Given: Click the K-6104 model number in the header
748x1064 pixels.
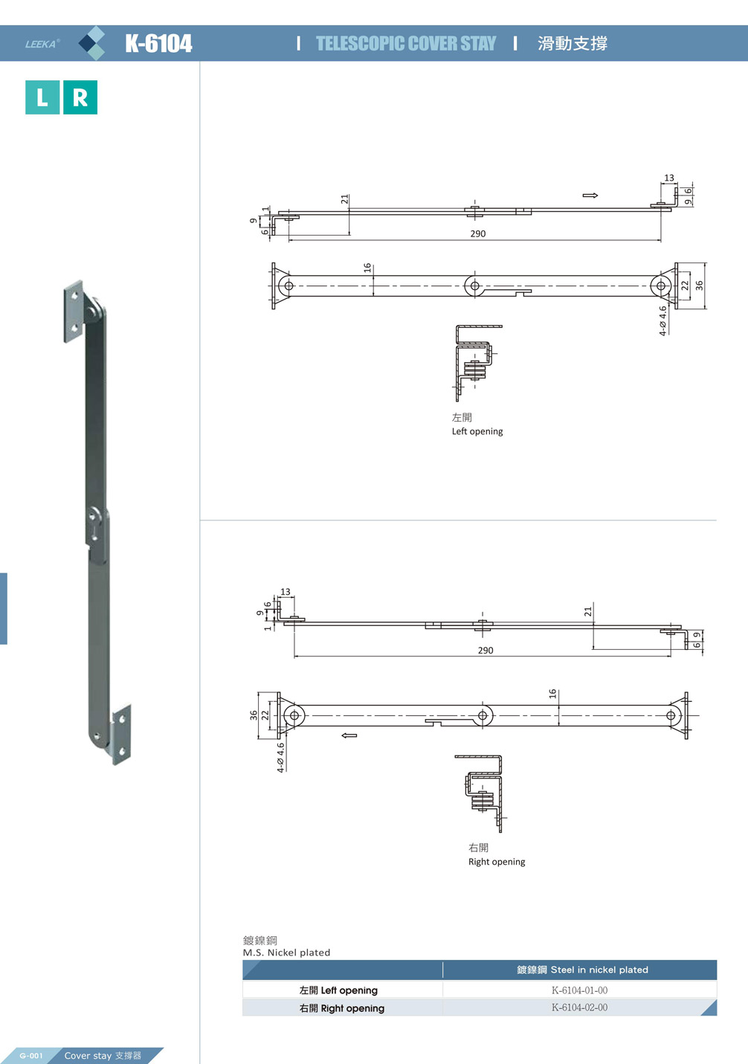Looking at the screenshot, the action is [158, 44].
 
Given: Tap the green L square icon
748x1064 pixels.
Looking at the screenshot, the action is [42, 97].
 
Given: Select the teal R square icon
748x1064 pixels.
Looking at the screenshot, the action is [80, 97].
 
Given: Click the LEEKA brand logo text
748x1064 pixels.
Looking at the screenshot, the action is [42, 44].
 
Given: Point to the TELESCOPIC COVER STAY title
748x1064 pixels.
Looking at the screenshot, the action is [406, 44].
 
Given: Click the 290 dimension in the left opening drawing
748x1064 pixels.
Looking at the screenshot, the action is [478, 233].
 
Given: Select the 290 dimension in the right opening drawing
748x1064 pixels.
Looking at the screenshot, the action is [486, 651].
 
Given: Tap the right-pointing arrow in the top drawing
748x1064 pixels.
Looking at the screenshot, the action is [590, 196].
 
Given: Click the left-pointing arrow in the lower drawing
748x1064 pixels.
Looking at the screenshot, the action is [349, 736].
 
